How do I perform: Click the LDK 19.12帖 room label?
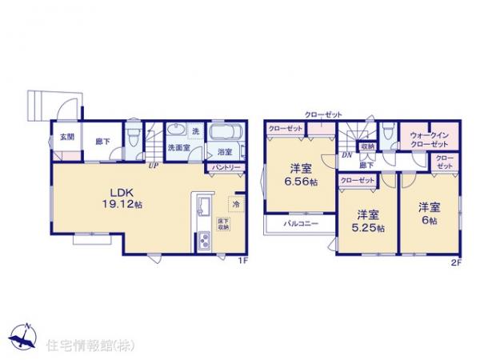pos(117,198)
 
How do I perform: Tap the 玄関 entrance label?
pos(66,137)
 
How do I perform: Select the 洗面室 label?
pos(178,148)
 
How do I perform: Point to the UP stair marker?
pos(151,166)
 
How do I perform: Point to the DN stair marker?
pos(346,154)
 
